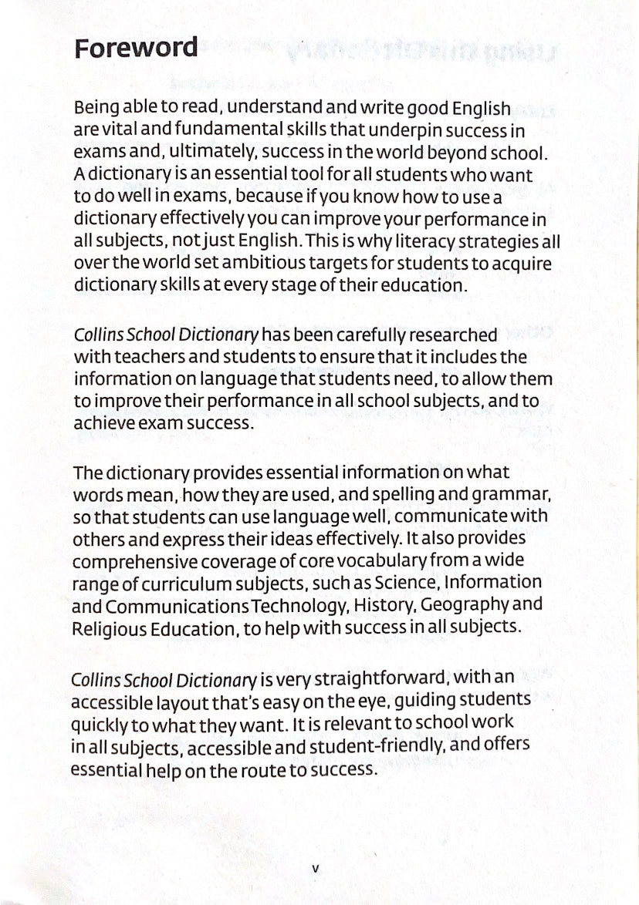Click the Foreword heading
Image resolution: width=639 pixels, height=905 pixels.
coord(135,48)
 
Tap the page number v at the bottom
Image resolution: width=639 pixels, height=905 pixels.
coord(315,867)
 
